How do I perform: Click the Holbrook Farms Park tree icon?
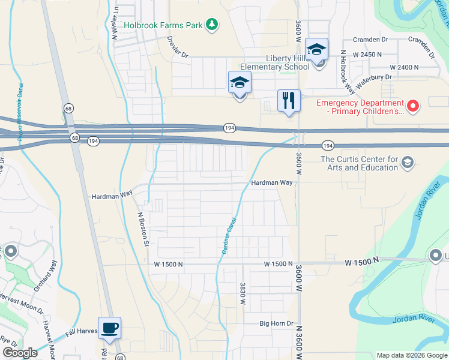[x=211, y=25]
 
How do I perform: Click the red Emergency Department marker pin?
[x=412, y=107]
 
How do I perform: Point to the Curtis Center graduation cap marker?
[x=408, y=163]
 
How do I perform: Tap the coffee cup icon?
[x=110, y=328]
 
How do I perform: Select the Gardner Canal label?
[x=229, y=236]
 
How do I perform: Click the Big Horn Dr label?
[x=276, y=323]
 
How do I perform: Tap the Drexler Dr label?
[x=178, y=47]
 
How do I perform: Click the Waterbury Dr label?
[x=373, y=81]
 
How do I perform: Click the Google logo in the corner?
[x=20, y=353]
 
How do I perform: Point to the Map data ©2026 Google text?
[x=411, y=355]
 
